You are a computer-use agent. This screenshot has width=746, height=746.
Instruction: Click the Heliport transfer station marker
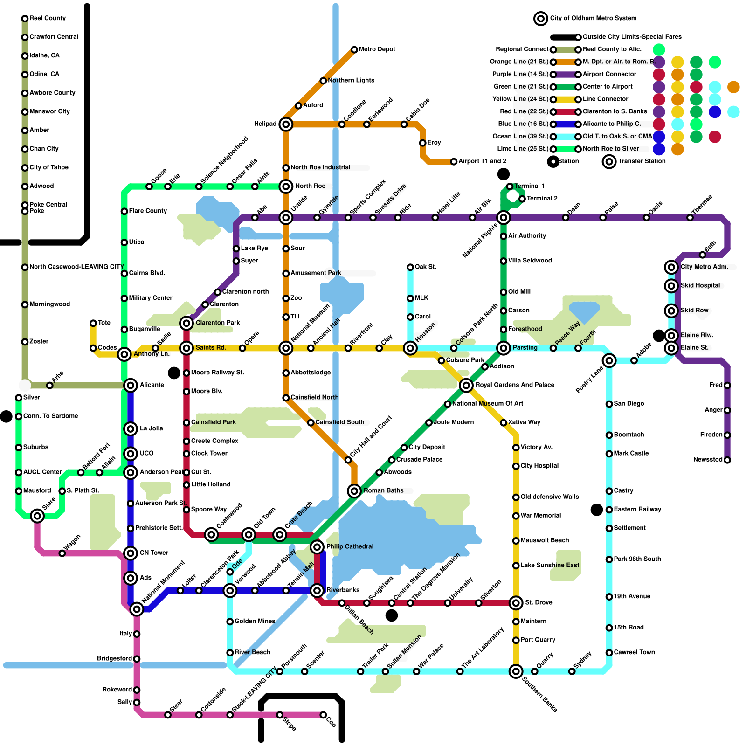pos(286,124)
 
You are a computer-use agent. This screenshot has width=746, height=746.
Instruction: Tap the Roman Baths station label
pos(383,490)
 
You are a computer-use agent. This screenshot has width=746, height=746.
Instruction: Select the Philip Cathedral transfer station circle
pos(317,546)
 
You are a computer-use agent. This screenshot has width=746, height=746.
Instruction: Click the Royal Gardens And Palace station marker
pos(466,385)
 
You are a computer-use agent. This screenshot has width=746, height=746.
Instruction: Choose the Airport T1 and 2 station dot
pos(454,161)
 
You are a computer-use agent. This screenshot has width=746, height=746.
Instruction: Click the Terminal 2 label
pos(542,198)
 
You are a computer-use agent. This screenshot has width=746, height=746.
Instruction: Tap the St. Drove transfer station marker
pos(516,603)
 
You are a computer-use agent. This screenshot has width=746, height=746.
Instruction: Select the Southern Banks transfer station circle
pos(516,671)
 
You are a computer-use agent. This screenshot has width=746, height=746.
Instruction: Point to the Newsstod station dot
pos(727,460)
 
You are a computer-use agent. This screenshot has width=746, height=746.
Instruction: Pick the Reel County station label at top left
pos(48,18)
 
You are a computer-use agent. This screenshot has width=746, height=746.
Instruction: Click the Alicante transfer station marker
pos(131,385)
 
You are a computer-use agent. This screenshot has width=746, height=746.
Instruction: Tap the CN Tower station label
pos(154,553)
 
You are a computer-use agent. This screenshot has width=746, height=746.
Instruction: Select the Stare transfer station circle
pos(37,516)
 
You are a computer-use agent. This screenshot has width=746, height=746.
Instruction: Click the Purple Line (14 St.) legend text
pos(520,74)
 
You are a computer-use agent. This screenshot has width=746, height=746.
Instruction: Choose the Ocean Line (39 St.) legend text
pos(520,136)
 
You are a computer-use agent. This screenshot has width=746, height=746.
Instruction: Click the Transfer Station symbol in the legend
pos(609,161)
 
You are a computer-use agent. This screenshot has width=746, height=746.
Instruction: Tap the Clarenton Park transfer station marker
pos(186,323)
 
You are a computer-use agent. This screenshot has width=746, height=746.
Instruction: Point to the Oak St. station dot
pos(410,267)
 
